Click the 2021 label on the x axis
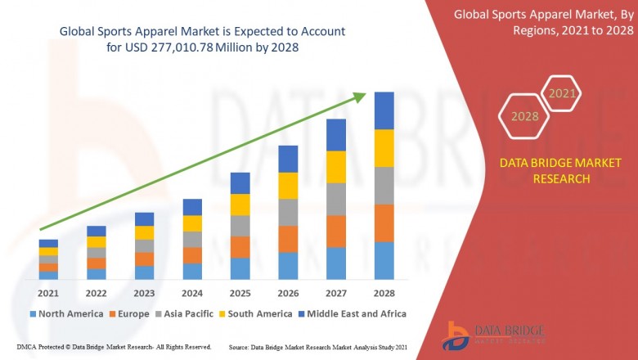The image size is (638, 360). (x=48, y=293)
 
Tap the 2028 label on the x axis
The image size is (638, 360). (x=384, y=293)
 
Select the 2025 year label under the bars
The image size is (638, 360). (x=240, y=293)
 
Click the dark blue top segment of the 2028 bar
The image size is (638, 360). (x=384, y=110)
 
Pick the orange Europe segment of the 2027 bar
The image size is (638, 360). (x=336, y=231)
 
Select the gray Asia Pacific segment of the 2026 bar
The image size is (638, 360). (x=288, y=212)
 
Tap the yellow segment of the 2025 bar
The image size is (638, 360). (x=240, y=205)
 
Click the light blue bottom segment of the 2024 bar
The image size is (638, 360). (x=192, y=271)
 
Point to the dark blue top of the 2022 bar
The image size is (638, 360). (x=97, y=231)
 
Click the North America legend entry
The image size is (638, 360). (x=66, y=313)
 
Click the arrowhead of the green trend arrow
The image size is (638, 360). (x=359, y=97)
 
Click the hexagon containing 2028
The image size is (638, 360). (x=525, y=117)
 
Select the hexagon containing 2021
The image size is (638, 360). (x=562, y=93)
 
